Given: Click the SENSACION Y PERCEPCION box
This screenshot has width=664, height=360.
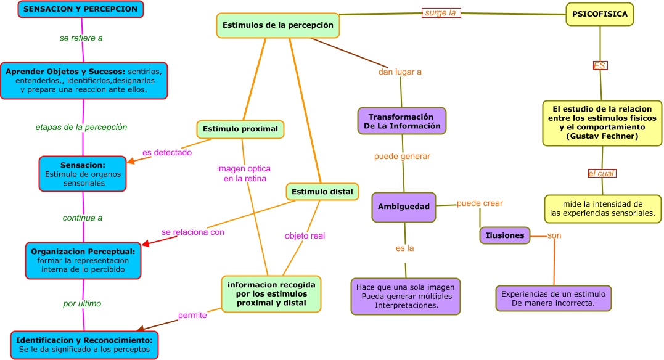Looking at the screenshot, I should [80, 9].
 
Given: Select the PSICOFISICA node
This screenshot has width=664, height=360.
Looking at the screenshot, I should [599, 14].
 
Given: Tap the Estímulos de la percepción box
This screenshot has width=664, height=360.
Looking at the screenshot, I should [277, 25].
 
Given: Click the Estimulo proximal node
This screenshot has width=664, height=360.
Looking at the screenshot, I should [240, 129].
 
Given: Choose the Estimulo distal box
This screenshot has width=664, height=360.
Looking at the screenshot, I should [322, 192].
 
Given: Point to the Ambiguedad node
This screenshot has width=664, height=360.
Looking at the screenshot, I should [403, 207].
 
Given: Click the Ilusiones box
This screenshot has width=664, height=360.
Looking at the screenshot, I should [504, 235].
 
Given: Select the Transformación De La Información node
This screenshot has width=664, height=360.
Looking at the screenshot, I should [401, 121].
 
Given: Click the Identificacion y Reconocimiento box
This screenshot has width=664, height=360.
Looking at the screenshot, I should [84, 345].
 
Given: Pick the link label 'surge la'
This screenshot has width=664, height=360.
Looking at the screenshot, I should [441, 12].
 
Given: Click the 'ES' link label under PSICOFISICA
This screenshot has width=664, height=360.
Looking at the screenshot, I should [600, 65].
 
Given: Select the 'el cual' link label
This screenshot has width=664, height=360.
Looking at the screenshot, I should [602, 174].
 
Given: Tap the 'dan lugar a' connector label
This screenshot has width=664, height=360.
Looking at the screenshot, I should [400, 72].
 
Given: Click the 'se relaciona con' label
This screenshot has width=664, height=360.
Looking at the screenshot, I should [193, 232].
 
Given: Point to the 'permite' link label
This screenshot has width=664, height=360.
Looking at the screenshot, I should [192, 316].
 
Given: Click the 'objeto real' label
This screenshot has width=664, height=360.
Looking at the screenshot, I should [305, 235].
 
